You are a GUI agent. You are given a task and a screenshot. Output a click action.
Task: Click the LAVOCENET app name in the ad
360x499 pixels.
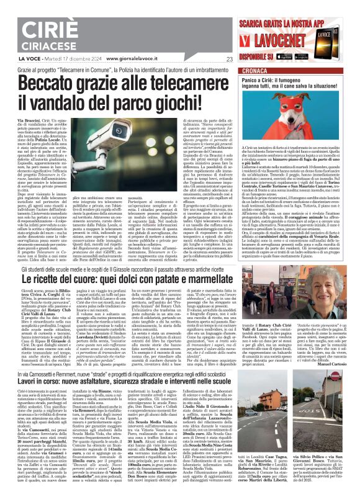pos(282,37)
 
